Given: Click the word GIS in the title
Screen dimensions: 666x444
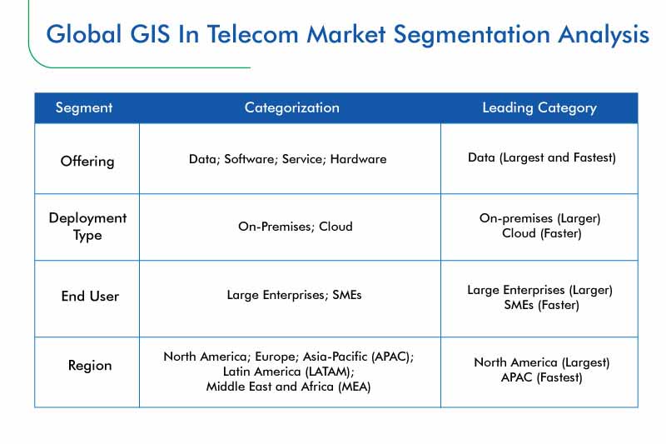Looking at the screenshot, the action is tap(150, 34).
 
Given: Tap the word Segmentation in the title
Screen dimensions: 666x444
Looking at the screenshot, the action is tap(471, 36).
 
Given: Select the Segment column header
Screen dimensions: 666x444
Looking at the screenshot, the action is tap(84, 108).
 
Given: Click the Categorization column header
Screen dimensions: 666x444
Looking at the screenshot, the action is tap(292, 108).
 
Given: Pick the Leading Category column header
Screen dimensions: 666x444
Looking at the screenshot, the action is tap(539, 108).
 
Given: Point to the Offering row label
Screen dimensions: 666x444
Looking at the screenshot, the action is tap(87, 162).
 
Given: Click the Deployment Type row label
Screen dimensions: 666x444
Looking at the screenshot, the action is tap(87, 227).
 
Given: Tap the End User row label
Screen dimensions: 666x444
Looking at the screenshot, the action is tap(90, 297).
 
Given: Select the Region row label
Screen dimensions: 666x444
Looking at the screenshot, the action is tap(90, 366).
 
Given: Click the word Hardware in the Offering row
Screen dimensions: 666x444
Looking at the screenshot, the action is tap(359, 159).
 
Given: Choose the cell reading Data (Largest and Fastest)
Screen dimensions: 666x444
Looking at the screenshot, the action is tap(542, 158).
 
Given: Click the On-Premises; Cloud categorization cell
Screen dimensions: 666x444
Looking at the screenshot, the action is tap(296, 227).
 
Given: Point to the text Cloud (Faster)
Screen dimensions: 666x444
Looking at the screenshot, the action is tap(542, 234).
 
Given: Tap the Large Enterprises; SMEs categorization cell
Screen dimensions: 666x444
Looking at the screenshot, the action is tap(294, 295).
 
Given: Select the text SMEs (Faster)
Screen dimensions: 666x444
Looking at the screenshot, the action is tap(542, 305).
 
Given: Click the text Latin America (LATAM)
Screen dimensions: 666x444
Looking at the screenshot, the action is tap(289, 372).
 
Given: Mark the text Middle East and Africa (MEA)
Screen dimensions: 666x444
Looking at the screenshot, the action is tap(288, 387).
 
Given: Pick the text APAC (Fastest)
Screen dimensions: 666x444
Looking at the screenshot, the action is tap(542, 377).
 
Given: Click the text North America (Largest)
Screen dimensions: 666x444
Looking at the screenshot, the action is tap(542, 363).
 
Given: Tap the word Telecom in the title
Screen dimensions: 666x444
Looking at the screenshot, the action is tap(253, 34).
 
